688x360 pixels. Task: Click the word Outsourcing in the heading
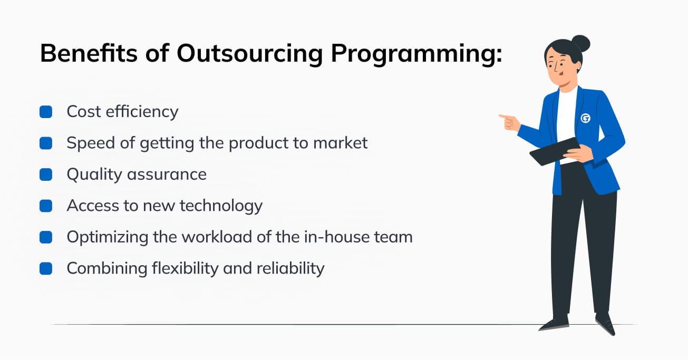coord(249,54)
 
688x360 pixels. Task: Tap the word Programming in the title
coord(416,54)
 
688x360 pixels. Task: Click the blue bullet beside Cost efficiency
coord(46,112)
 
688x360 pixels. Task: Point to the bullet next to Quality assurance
coord(46,174)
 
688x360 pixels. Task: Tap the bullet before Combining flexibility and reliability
coord(46,268)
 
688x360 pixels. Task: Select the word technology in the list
coord(221,206)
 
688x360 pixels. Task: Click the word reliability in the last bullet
coord(290,268)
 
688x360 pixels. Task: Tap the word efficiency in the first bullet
coord(142,112)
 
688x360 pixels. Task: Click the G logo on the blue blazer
coord(585,118)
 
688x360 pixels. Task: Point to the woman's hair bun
coord(580,43)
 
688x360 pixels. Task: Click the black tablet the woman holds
coord(555,151)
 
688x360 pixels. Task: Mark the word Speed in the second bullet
coord(91,143)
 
